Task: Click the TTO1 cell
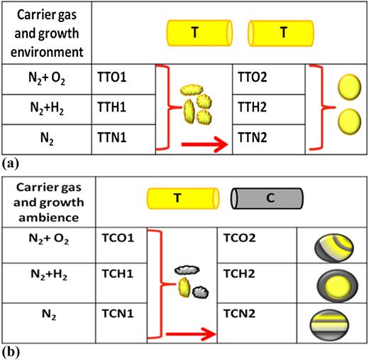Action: pos(124,74)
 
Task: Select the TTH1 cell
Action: pos(124,105)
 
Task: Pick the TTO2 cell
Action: pos(268,74)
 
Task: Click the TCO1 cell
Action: pos(124,244)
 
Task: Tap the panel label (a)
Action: pos(11,163)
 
